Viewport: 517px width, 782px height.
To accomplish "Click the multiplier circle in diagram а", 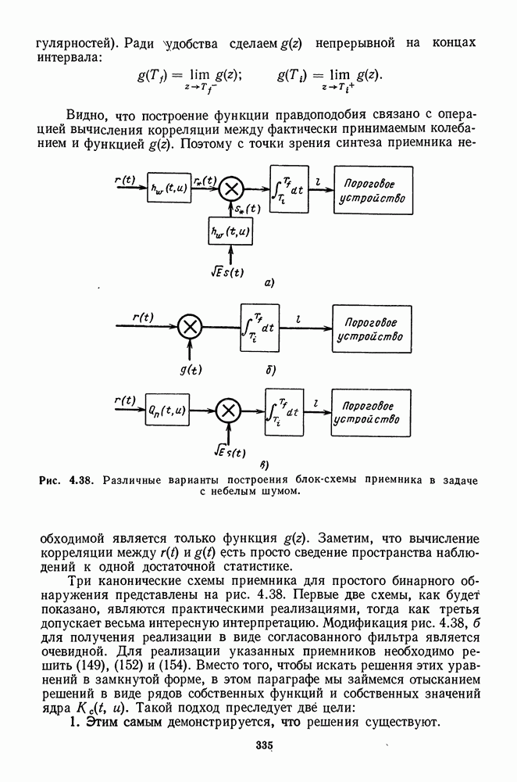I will pos(230,188).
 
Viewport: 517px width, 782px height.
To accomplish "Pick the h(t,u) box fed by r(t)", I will pos(169,188).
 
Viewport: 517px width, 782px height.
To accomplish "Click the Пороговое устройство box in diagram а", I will pos(372,189).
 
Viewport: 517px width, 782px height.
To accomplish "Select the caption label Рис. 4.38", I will pos(65,479).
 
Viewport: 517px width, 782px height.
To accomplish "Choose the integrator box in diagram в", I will pos(283,408).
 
